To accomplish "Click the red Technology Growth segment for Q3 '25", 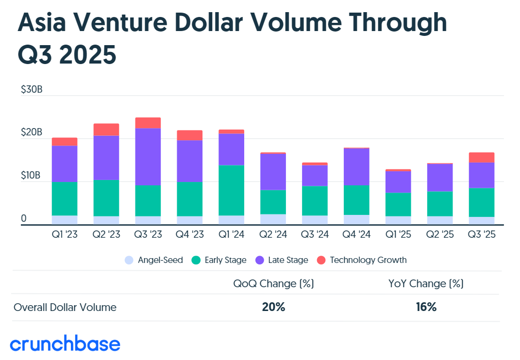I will [482, 157].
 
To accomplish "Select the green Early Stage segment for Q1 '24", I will [232, 190].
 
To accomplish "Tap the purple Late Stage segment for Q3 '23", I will [148, 157].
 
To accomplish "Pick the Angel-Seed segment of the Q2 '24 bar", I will [273, 219].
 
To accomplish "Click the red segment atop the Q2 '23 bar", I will [106, 130].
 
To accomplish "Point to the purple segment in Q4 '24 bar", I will [357, 166].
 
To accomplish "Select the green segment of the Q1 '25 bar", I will [398, 204].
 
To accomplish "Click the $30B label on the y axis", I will [32, 90].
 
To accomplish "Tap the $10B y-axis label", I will [32, 176].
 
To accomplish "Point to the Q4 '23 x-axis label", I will [190, 235].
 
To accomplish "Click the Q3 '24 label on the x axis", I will [315, 235].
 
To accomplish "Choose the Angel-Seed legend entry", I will [154, 260].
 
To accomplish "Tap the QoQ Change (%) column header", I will [273, 284].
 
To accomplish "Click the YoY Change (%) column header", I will [426, 284].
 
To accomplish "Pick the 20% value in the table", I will [273, 307].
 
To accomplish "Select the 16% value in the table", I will [426, 307].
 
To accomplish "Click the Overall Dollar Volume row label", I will [65, 307].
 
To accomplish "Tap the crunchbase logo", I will [65, 344].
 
